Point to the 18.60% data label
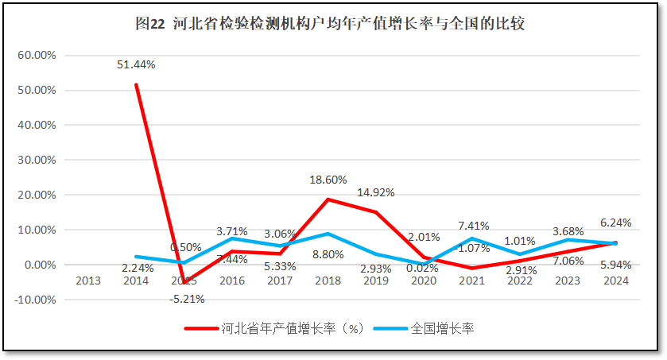328,180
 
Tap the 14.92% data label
376,192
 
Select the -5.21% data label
187,299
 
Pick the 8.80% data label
328,254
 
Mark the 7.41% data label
473,226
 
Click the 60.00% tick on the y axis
36,55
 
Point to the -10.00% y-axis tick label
33,300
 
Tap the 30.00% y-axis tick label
36,160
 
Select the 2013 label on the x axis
87,281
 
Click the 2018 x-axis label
328,281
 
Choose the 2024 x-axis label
617,281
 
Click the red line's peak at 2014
136,84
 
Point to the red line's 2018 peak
328,199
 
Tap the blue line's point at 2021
473,238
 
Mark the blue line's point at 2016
232,238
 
